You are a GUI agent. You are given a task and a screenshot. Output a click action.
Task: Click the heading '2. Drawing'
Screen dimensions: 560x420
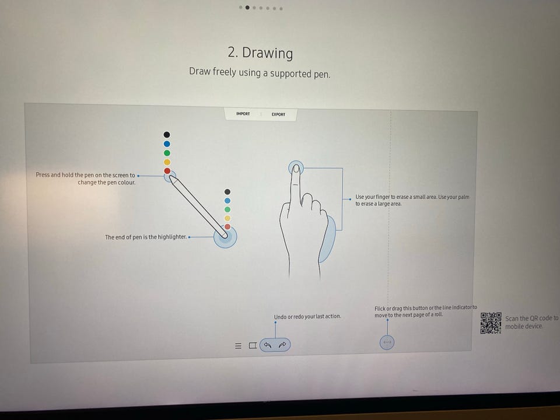coord(260,52)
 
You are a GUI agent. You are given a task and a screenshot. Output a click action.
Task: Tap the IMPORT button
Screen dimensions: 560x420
coord(243,114)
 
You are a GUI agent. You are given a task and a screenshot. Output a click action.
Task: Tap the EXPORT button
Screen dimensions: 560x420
coord(278,114)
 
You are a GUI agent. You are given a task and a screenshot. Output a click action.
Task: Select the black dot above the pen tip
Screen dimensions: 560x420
coord(167,135)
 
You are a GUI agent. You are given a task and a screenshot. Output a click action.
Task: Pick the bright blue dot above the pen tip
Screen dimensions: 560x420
coord(167,144)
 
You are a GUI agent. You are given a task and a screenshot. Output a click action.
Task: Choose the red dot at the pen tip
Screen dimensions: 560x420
coord(167,171)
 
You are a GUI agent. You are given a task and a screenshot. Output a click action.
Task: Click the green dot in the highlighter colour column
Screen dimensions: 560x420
coord(228,209)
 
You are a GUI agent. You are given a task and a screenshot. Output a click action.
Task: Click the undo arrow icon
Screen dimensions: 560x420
coord(268,345)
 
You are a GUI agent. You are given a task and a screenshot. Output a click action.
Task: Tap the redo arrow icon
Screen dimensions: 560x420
coord(282,345)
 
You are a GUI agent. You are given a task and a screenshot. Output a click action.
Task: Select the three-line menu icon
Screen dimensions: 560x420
coord(238,346)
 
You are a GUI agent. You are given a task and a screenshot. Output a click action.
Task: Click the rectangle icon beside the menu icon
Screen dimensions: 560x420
coord(253,345)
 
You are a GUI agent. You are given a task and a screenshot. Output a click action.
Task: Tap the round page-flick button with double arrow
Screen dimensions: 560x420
coord(387,342)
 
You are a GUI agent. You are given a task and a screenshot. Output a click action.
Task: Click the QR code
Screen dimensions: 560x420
coord(491,323)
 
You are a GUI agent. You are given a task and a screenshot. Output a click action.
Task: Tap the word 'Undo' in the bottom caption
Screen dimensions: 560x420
coord(280,317)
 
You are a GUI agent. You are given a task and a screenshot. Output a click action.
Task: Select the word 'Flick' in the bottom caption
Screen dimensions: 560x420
coord(380,308)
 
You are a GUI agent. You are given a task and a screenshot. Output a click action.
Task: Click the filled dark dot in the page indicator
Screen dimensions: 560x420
coord(247,8)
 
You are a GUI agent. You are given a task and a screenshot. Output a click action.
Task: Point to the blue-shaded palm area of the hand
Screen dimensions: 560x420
coord(327,240)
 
